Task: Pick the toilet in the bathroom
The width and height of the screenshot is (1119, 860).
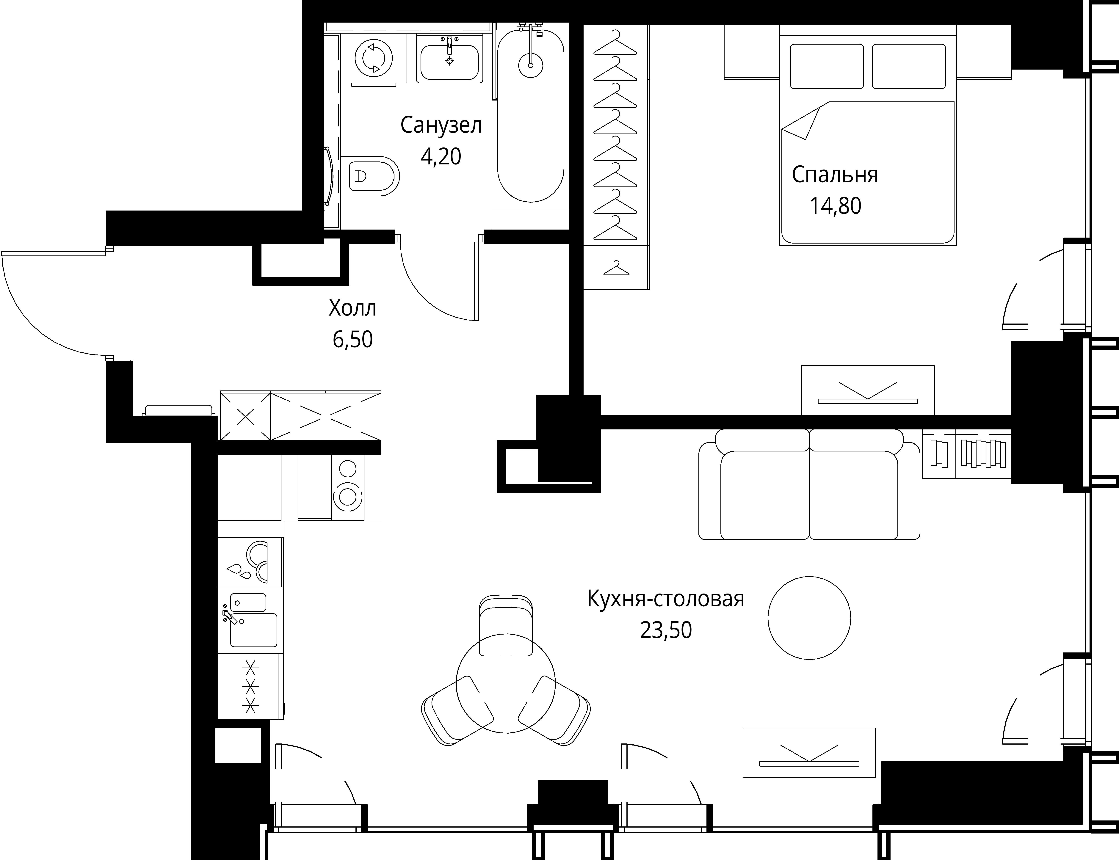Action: point(370,176)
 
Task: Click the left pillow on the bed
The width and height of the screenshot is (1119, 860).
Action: point(827,66)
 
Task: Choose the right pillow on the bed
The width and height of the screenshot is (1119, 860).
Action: point(909,66)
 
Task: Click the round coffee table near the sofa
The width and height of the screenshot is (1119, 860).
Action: point(809,618)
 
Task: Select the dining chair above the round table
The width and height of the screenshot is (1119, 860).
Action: point(505,626)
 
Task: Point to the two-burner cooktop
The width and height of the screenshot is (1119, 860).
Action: point(348,487)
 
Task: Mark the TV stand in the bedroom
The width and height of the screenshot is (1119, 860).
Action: point(868,390)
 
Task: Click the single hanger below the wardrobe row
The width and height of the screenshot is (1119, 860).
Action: point(616,268)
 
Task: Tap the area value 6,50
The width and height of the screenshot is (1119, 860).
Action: point(353,339)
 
